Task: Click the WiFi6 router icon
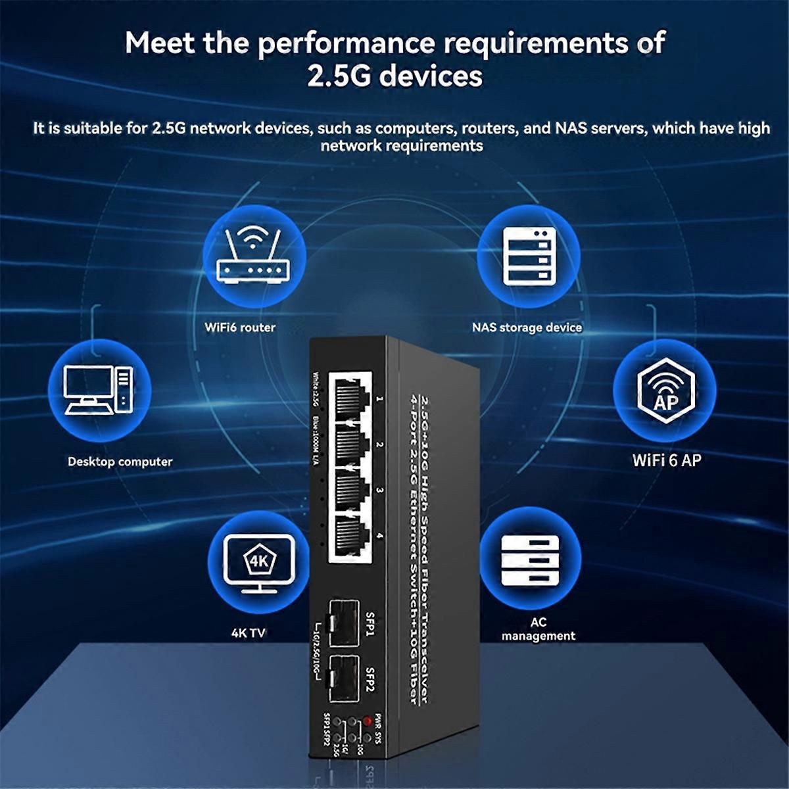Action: (x=253, y=256)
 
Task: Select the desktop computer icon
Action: (x=99, y=390)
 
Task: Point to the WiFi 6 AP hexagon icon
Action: (x=665, y=390)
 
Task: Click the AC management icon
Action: (x=530, y=559)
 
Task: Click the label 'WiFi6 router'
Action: (x=240, y=327)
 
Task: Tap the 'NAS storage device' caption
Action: (x=527, y=327)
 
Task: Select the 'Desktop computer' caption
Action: (x=120, y=462)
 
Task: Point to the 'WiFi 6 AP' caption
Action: (x=667, y=460)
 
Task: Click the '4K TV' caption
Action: (x=248, y=633)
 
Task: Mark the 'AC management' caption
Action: (x=538, y=629)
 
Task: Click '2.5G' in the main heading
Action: (x=339, y=76)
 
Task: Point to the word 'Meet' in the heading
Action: (x=160, y=43)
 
